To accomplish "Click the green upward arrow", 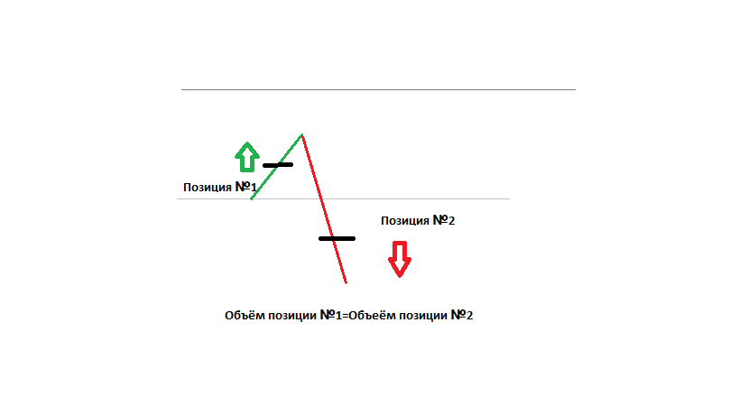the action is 247,157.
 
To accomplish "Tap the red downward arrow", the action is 400,260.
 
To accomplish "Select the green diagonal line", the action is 277,167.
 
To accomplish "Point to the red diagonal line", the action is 324,208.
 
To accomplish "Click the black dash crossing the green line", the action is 278,165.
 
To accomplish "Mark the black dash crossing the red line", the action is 337,239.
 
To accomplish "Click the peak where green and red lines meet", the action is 302,134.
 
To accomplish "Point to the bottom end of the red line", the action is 346,283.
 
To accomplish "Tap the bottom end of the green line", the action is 251,199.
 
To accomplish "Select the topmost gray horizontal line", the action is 378,89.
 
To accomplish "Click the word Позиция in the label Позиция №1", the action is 208,188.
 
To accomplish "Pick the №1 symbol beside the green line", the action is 245,187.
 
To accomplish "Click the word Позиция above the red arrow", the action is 405,221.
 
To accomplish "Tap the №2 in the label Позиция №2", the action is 444,220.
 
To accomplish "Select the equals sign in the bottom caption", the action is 345,316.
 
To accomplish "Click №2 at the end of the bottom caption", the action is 462,315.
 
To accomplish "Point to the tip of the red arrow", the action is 400,277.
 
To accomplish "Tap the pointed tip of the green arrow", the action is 247,143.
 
